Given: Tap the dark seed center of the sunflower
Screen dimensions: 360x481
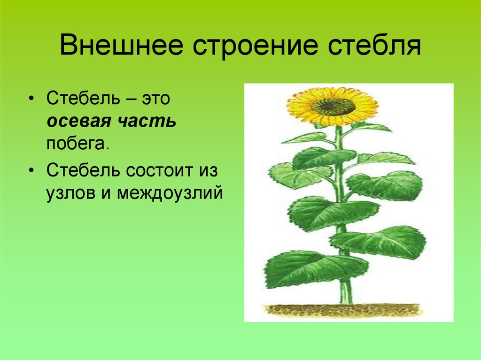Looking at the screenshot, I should click(333, 107).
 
